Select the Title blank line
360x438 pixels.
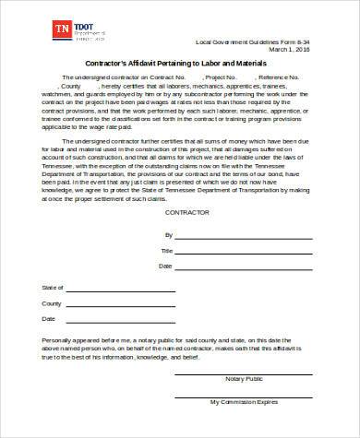(x=230, y=253)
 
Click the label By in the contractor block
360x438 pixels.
(x=167, y=236)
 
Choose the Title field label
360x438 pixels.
(x=166, y=251)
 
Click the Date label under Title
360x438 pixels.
(x=166, y=266)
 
